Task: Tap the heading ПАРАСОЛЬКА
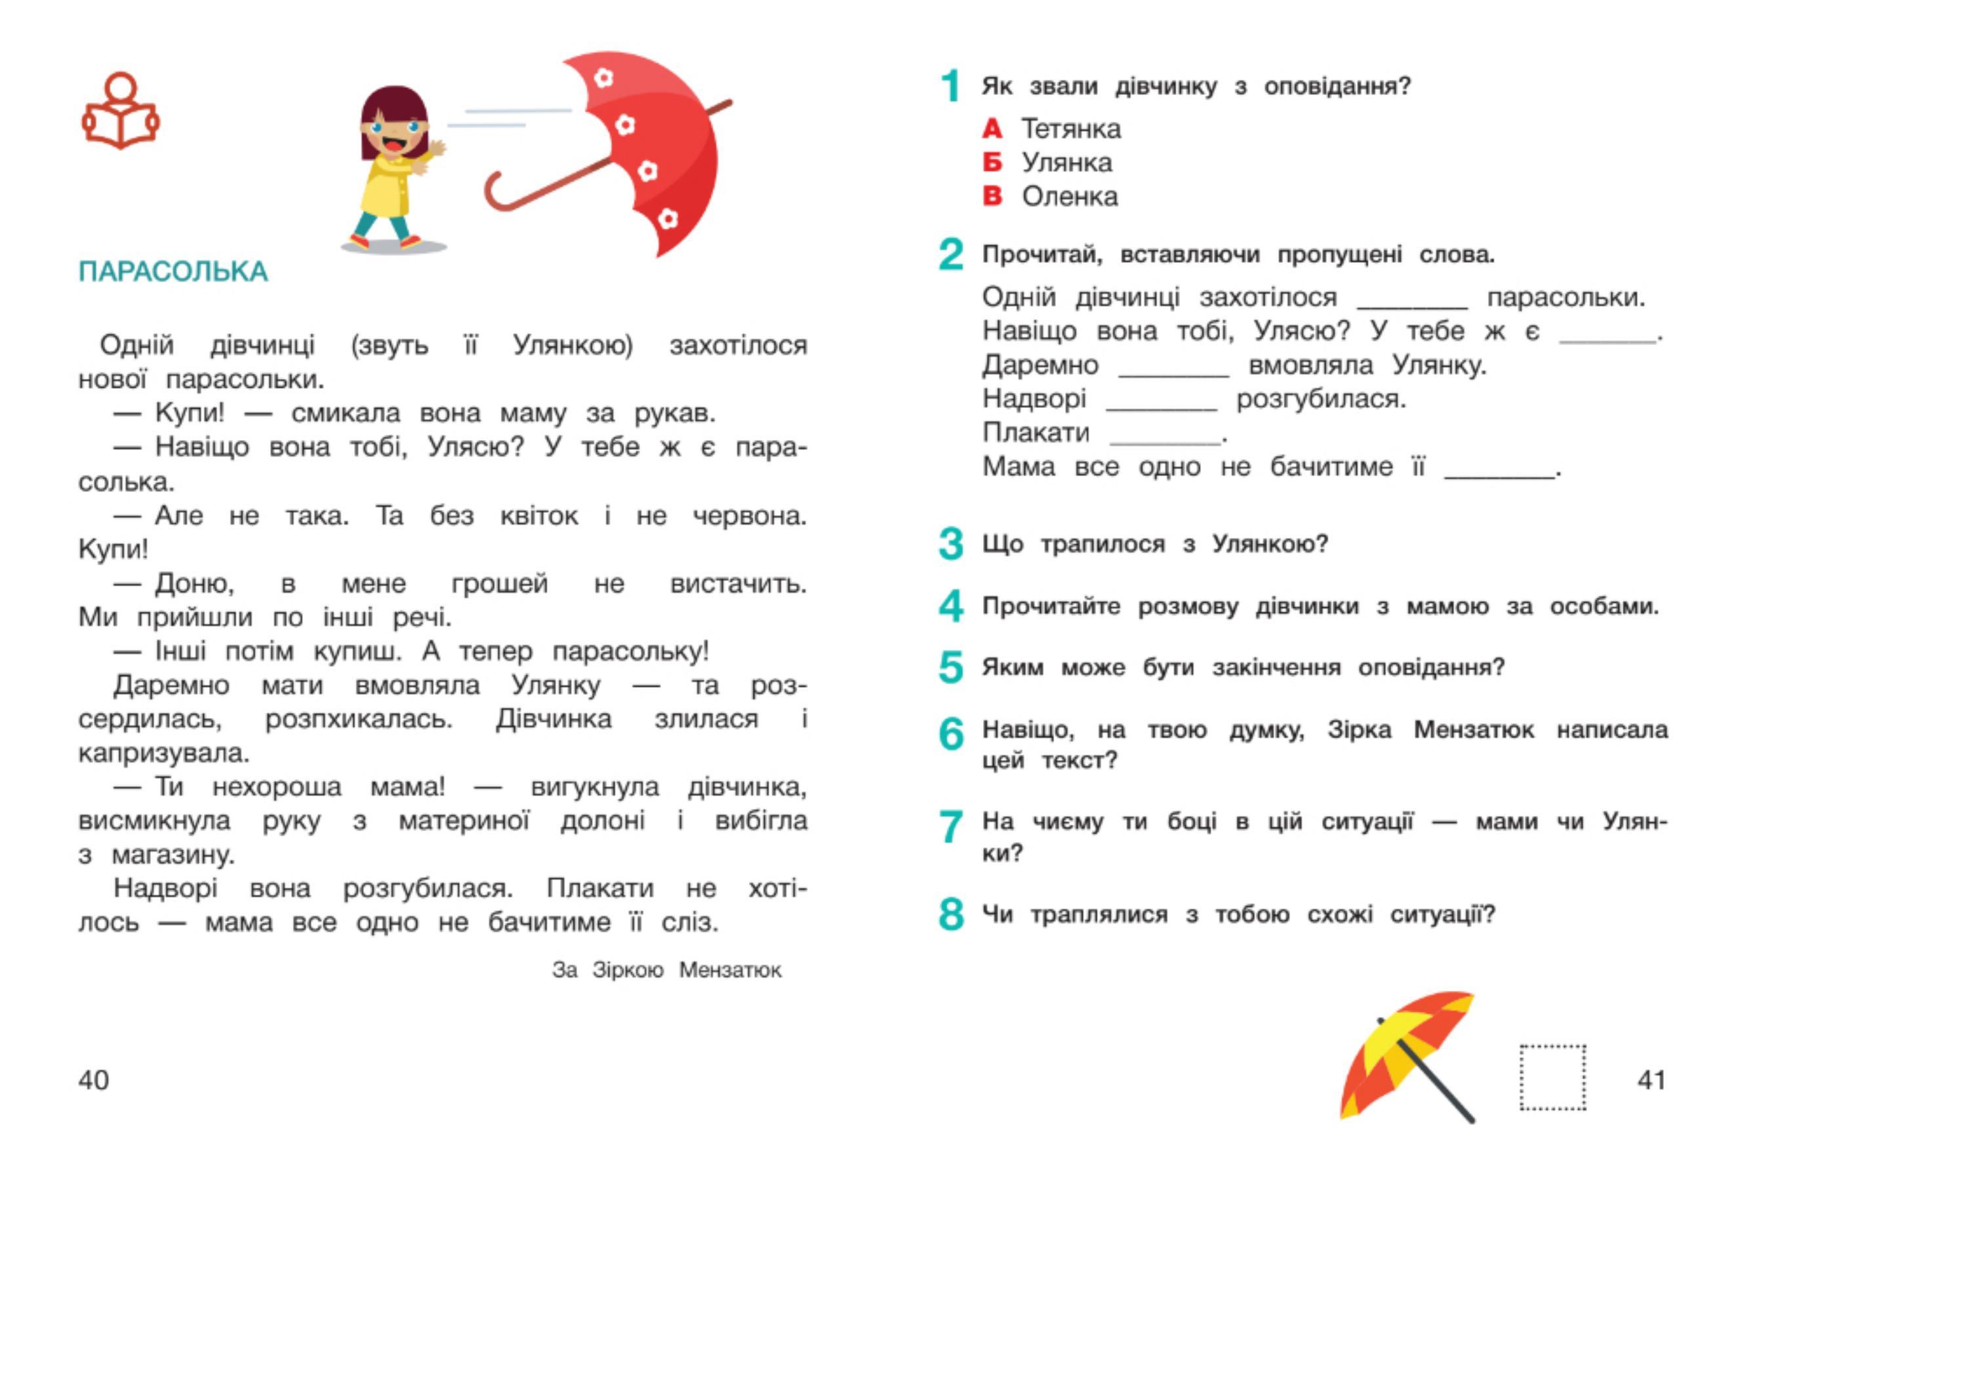(173, 271)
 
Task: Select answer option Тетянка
(1071, 129)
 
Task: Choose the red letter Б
(992, 162)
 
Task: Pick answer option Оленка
(1069, 197)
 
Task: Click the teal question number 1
(950, 87)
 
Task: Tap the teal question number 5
(950, 667)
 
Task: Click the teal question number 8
(950, 915)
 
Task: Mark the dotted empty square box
(1552, 1078)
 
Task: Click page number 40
(94, 1080)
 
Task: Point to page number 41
(1652, 1080)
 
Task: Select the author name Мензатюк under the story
(730, 970)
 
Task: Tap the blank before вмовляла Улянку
(1173, 368)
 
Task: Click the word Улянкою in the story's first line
(573, 346)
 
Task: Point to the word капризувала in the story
(164, 754)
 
